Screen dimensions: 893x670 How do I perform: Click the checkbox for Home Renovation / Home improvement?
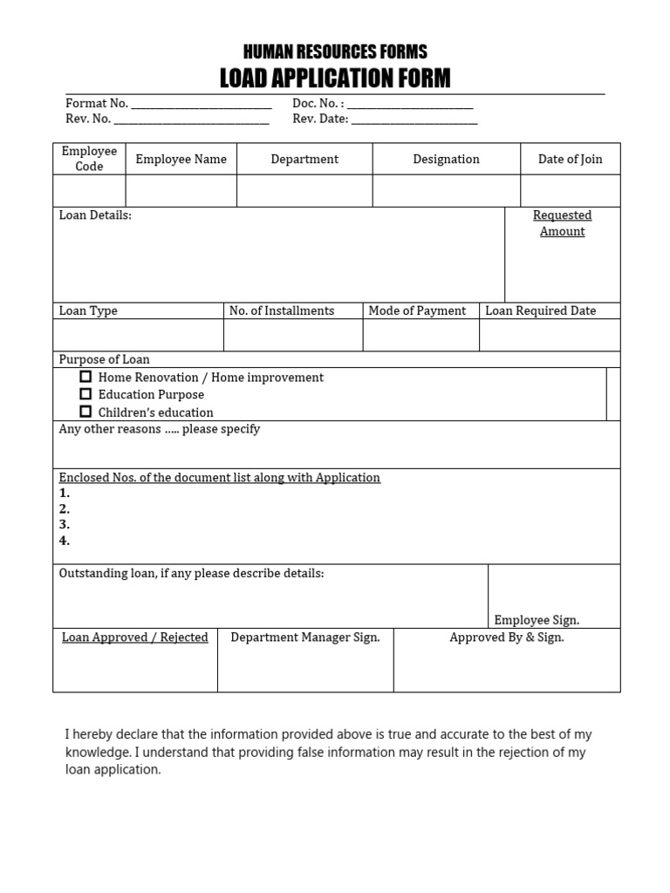click(x=85, y=377)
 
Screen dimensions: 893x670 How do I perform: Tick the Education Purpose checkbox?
click(x=85, y=394)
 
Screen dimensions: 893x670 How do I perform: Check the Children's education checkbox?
click(x=85, y=412)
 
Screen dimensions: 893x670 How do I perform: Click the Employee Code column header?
click(x=89, y=159)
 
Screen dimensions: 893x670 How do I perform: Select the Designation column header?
click(x=446, y=159)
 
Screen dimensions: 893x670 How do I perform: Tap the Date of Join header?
click(x=570, y=159)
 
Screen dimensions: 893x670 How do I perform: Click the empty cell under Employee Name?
click(x=181, y=190)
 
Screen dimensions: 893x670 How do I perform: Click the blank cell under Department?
click(x=304, y=190)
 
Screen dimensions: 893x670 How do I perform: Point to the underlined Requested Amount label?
click(x=563, y=223)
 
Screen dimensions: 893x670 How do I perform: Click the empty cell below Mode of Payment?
click(x=420, y=335)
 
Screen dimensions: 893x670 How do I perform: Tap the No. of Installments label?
click(x=282, y=310)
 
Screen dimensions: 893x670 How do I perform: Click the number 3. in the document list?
click(x=65, y=524)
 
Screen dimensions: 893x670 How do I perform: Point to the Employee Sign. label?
click(x=537, y=620)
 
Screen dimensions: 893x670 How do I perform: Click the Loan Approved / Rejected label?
click(x=135, y=637)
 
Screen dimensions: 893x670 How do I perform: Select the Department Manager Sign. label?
click(x=305, y=637)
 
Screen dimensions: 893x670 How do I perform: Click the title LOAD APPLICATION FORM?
click(x=335, y=78)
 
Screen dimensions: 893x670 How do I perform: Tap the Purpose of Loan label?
click(x=104, y=359)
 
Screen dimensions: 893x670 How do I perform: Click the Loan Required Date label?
click(x=541, y=310)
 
